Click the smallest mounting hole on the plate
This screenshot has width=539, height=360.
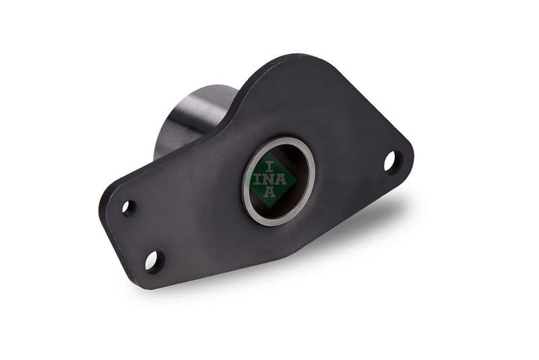[127, 207]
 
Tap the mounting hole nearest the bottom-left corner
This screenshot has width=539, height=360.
[154, 261]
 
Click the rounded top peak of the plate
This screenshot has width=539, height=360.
[296, 59]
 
